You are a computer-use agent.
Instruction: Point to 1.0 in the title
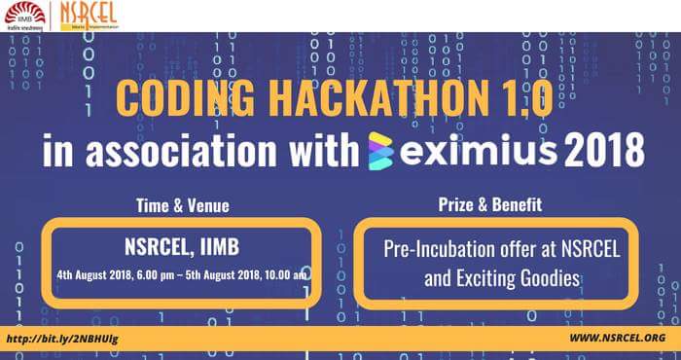click(x=522, y=99)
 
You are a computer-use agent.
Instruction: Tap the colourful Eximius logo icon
click(x=383, y=153)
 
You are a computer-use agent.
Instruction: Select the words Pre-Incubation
click(x=438, y=249)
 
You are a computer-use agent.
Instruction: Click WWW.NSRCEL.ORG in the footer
click(x=616, y=338)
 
